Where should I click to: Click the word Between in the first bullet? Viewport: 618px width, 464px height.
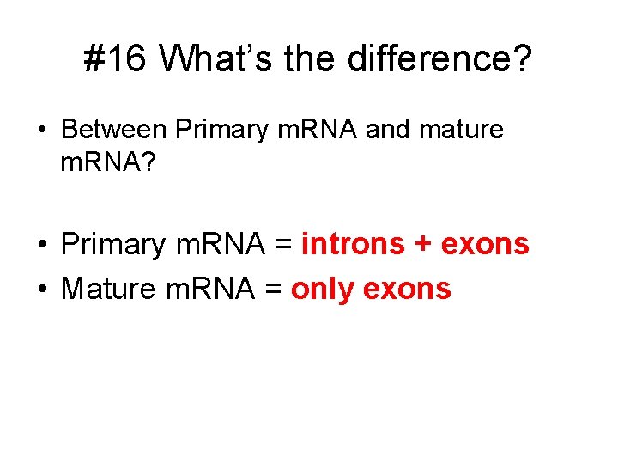(114, 130)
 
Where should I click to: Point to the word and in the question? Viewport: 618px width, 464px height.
(385, 130)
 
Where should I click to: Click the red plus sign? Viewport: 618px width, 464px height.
(422, 245)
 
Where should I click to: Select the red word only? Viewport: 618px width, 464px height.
(321, 289)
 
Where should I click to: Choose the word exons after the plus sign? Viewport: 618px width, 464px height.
(485, 244)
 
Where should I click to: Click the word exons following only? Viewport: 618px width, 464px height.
(407, 289)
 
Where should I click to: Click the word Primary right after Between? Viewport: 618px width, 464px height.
(220, 131)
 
